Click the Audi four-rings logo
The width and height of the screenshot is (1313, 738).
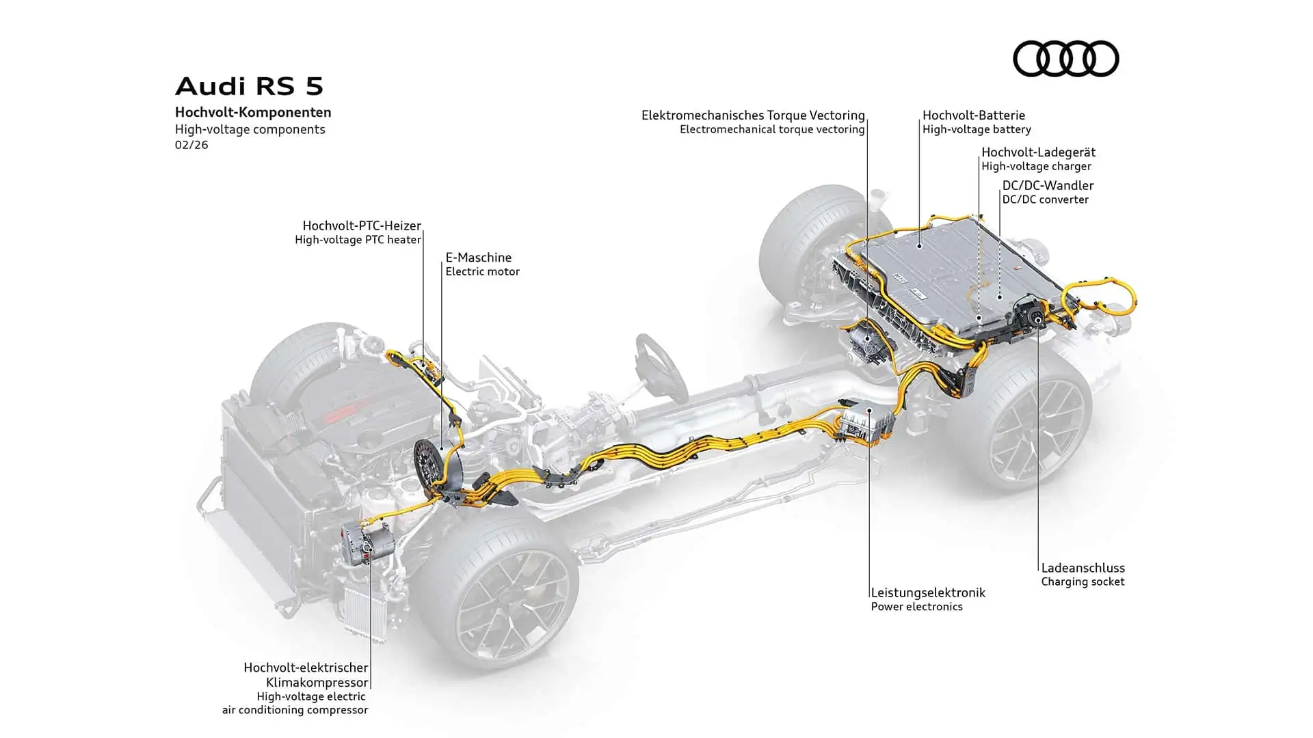tap(1065, 58)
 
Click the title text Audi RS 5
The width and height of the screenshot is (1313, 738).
tap(249, 86)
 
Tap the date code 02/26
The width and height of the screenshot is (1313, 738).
tap(191, 145)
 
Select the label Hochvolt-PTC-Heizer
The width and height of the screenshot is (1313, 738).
tap(362, 225)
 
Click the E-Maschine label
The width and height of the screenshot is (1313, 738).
tap(479, 258)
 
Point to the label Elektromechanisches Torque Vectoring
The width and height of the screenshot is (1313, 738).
tap(753, 115)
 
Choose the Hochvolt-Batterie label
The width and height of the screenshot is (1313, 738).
tap(973, 115)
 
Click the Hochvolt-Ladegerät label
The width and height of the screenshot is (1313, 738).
tap(1038, 152)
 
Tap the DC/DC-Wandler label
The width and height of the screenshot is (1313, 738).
tap(1048, 185)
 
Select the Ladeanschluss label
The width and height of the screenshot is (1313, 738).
tap(1083, 568)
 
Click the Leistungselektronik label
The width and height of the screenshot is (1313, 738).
tap(928, 592)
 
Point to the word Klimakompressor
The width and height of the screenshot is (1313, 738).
tap(317, 682)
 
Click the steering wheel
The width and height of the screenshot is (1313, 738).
tap(661, 366)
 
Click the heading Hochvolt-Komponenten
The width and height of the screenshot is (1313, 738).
tap(253, 112)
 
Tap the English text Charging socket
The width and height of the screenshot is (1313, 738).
tap(1083, 582)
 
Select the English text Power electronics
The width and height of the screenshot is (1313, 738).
tap(916, 607)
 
